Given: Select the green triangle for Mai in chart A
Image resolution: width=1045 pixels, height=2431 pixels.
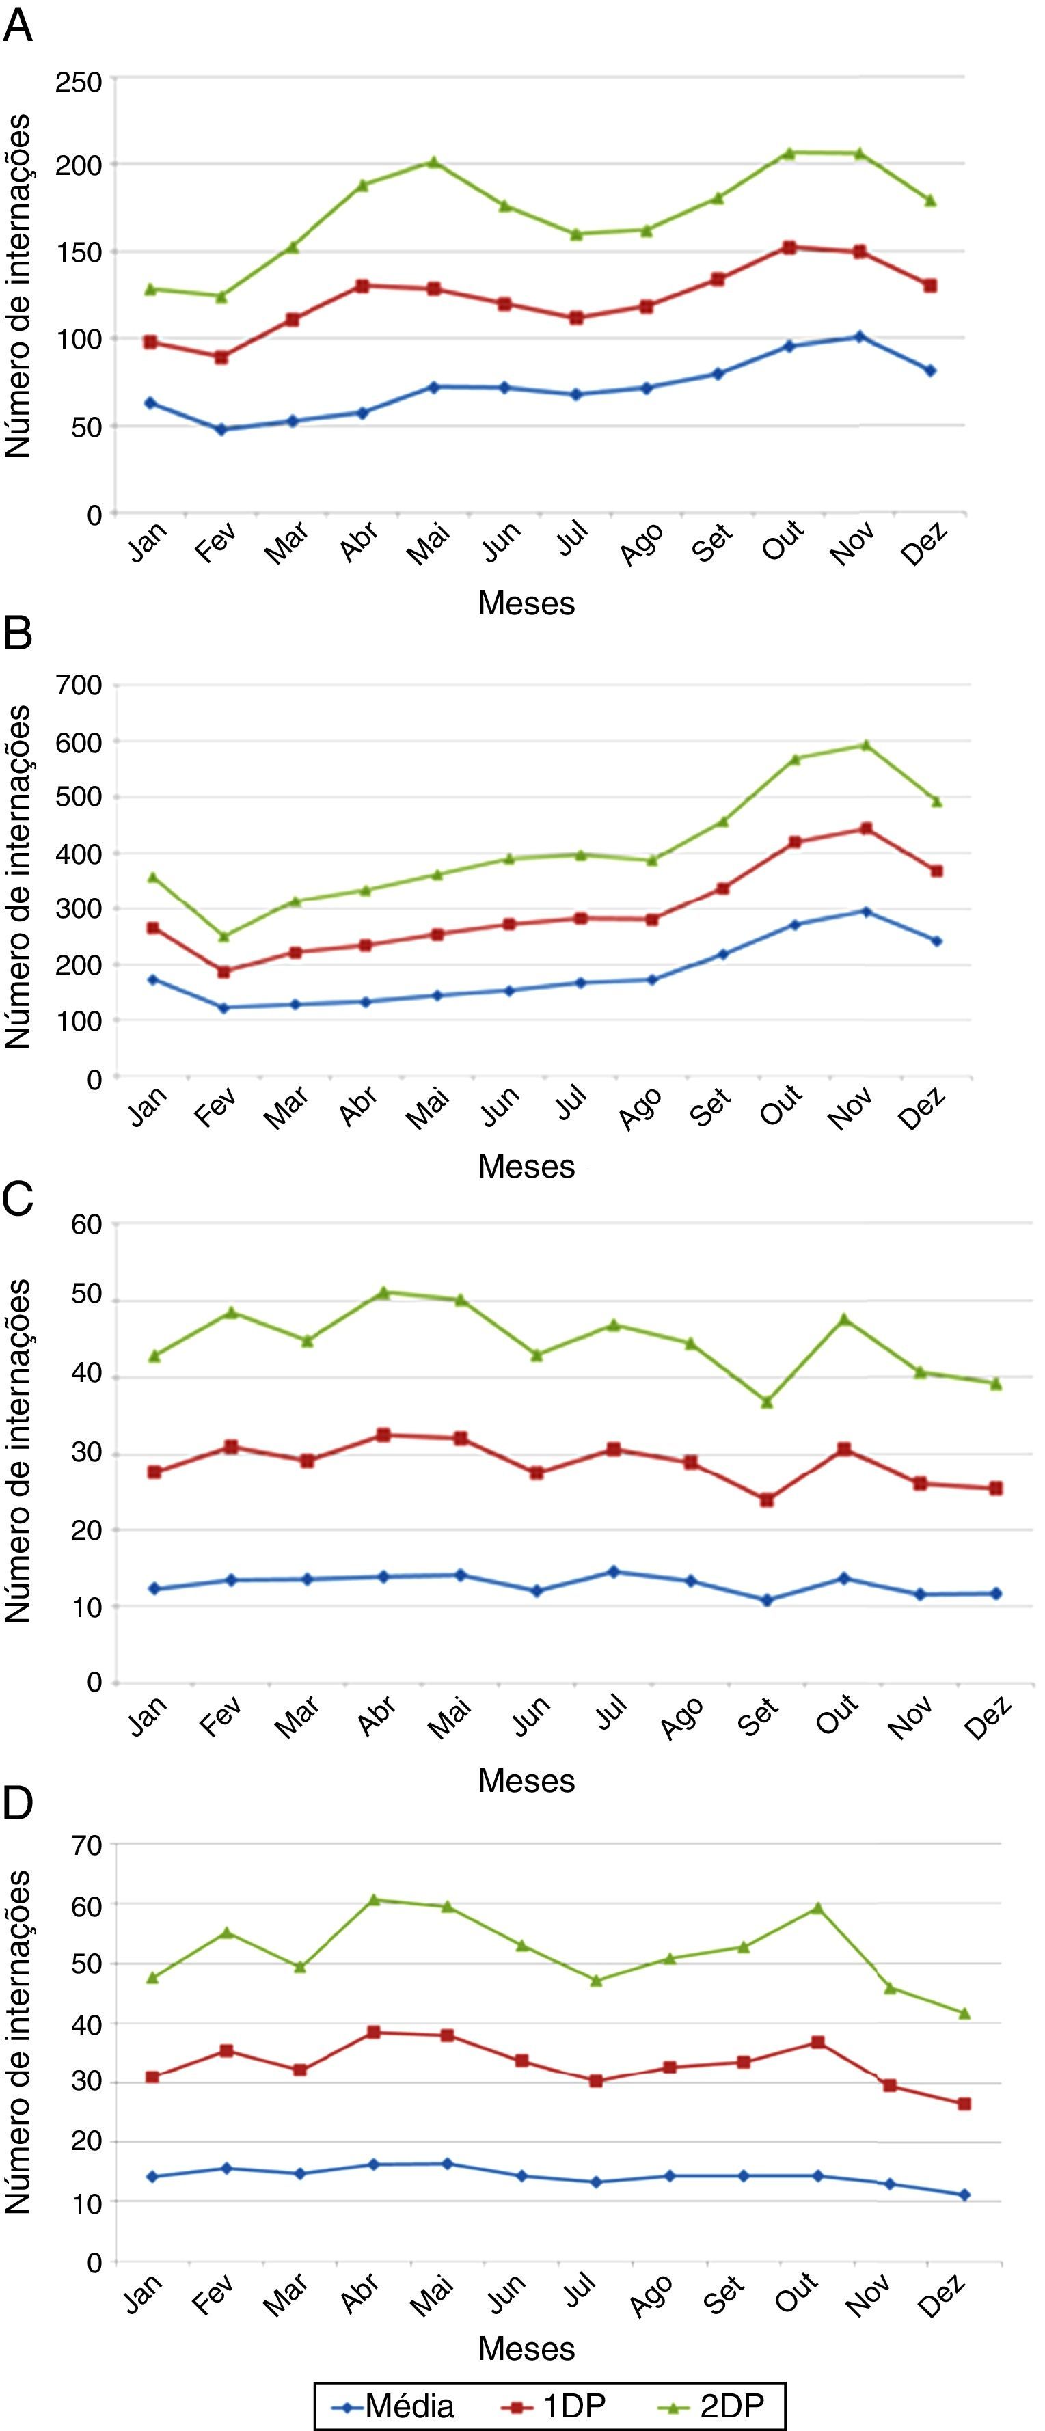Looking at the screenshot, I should [433, 163].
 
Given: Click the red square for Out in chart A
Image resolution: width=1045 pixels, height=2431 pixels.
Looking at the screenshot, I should [788, 247].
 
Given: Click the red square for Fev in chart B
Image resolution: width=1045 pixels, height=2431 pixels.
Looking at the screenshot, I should [223, 971].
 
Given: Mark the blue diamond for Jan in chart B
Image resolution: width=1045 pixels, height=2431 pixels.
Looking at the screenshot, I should [152, 979].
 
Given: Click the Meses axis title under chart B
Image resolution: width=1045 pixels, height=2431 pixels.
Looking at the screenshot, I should [526, 1167].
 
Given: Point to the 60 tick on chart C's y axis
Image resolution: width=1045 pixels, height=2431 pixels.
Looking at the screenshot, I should [86, 1225].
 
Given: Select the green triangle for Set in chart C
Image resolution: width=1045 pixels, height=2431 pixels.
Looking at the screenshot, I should [767, 1402].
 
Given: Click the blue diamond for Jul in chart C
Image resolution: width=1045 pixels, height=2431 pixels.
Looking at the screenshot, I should [614, 1572].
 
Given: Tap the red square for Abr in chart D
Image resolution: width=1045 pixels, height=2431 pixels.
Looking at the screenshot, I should [373, 2032].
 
